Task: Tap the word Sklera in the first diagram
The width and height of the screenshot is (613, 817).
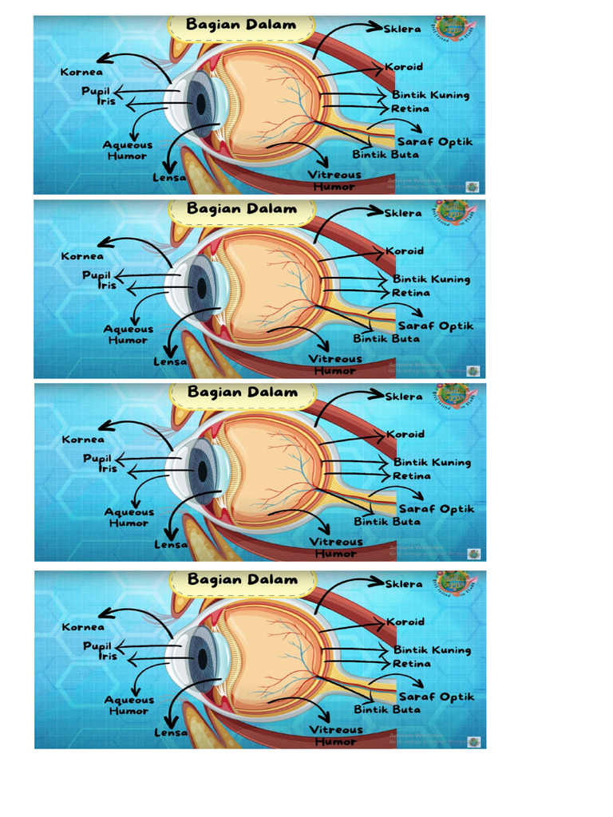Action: point(403,29)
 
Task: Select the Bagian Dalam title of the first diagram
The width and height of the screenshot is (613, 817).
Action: point(241,25)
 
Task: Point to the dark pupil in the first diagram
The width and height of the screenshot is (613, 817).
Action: point(200,105)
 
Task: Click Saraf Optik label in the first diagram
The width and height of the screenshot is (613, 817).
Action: point(435,142)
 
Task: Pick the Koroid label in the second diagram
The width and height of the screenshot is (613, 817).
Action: point(405,251)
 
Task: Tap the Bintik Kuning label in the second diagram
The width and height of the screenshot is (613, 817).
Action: point(431,279)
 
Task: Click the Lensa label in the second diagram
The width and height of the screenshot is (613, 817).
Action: point(170,361)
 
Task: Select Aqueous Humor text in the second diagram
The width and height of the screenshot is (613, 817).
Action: point(128,334)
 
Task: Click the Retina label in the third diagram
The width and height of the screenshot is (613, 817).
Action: point(412,476)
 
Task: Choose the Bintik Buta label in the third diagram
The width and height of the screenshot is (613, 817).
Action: point(387,522)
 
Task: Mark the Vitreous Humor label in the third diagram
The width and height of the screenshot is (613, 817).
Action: point(335,547)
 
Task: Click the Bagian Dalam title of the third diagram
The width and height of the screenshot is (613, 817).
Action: point(242,393)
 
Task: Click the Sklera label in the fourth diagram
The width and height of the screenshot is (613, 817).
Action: point(405,584)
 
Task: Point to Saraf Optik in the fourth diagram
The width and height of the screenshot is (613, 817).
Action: point(437,697)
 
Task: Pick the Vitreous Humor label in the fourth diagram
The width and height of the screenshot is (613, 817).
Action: point(335,736)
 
